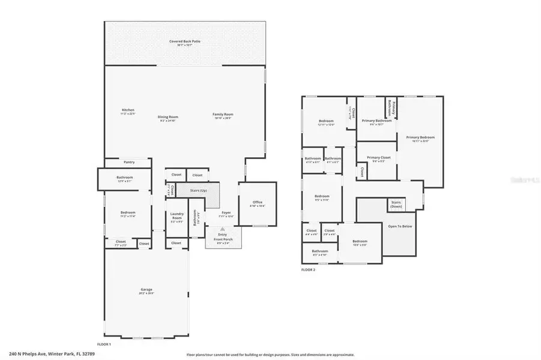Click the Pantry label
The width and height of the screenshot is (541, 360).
[x=128, y=162]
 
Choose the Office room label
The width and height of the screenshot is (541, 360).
[x=258, y=203]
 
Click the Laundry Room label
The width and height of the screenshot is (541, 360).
[x=177, y=215]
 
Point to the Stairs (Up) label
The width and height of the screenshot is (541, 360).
[x=198, y=191]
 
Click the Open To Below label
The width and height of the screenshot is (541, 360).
[x=399, y=226]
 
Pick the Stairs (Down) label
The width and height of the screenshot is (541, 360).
[x=396, y=205]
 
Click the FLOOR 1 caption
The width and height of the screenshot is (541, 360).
[x=104, y=344]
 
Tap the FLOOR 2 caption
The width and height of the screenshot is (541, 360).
[x=308, y=270]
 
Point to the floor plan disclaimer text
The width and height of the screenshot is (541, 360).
[x=270, y=355]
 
